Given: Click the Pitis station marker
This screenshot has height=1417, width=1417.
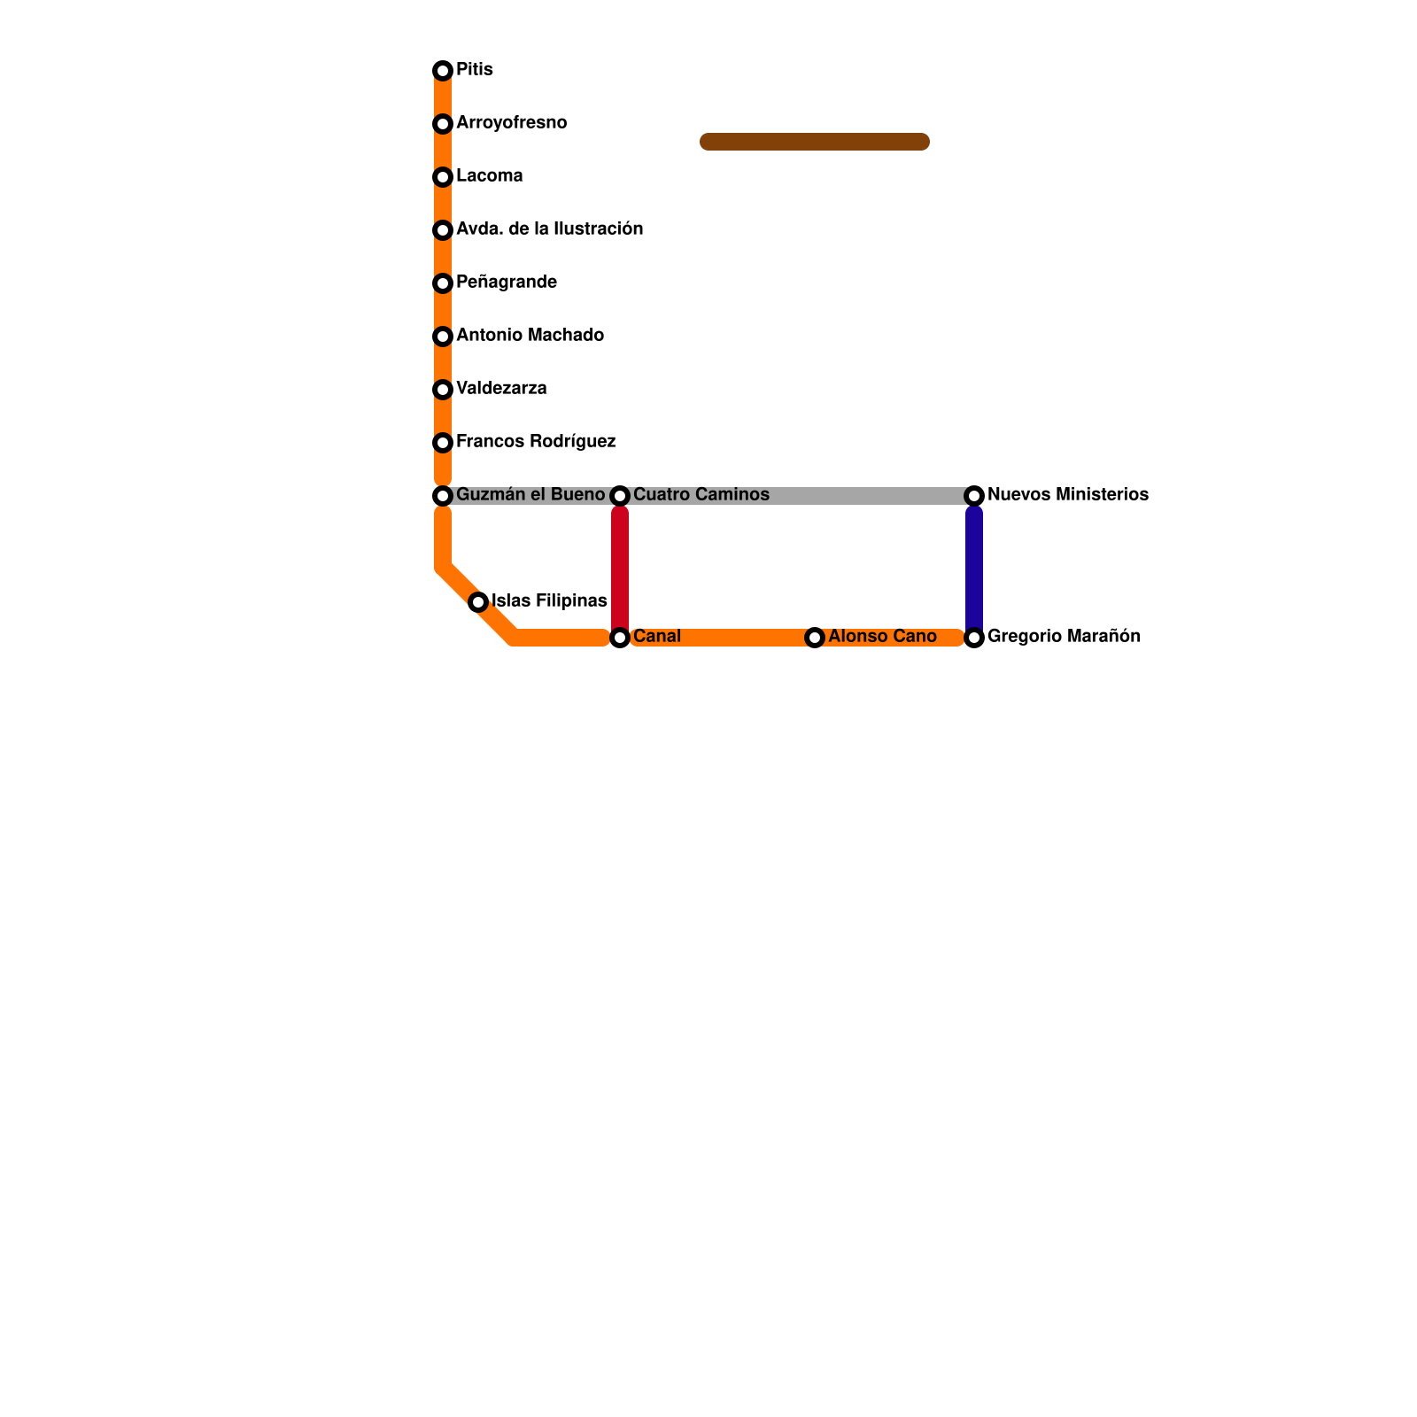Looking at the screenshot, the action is [x=443, y=71].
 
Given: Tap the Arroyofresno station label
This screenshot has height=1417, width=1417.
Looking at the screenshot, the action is [x=511, y=123].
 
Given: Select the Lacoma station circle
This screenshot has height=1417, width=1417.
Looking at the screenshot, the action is [x=443, y=177].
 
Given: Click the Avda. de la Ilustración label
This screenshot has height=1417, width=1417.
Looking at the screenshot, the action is [x=549, y=229].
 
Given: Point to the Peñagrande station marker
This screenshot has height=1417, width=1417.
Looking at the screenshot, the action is [x=443, y=283].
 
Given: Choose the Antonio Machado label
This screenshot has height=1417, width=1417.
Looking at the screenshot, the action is [x=530, y=336].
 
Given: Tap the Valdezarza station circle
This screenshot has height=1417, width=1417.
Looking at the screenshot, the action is [x=443, y=390].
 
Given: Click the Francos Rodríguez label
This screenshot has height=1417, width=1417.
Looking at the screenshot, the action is [x=535, y=442].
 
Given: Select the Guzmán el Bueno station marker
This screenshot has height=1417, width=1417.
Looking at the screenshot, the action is [x=443, y=496].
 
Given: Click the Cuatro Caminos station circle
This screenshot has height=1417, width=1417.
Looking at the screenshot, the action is [x=620, y=496].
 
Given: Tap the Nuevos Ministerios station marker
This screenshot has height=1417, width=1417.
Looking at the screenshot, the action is [x=974, y=496].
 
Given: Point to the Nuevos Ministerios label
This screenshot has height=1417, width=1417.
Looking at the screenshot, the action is [x=1067, y=495].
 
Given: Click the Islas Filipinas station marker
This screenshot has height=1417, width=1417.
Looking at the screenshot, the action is [x=478, y=602].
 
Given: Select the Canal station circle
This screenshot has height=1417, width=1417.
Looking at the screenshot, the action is [x=620, y=638].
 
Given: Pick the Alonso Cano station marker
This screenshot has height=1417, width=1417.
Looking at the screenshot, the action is [x=815, y=638].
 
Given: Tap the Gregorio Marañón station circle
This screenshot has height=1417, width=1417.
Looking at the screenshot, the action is [x=974, y=638].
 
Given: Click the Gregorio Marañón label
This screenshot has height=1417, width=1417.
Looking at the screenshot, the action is [x=1064, y=637].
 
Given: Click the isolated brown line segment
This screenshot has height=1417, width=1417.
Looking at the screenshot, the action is [x=815, y=142].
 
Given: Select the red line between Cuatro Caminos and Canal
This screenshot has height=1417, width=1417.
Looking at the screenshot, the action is [x=620, y=567].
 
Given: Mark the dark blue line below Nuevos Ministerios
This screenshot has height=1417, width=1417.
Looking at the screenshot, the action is [x=974, y=567].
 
